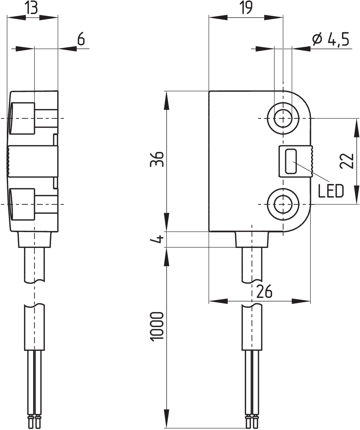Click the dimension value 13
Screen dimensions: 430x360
[32, 8]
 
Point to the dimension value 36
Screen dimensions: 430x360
[158, 159]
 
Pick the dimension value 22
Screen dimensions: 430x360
[346, 161]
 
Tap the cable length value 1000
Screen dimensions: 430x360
[157, 327]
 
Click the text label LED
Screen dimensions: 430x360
[331, 191]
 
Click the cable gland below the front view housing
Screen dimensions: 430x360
[252, 239]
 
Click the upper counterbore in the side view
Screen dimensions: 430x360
[22, 118]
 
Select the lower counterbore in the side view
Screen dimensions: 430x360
[22, 204]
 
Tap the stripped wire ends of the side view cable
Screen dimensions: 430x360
[35, 421]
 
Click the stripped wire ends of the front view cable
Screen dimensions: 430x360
[252, 421]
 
